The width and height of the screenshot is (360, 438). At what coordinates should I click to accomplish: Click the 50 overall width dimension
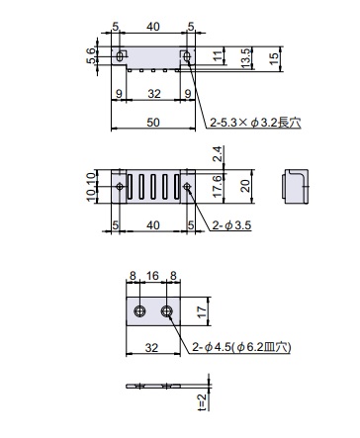[x=153, y=123]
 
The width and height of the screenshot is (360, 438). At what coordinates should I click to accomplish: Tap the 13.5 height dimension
[x=246, y=58]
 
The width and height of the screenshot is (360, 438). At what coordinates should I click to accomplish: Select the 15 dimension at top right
[x=274, y=58]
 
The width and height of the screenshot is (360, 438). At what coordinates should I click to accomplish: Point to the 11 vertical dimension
[x=218, y=55]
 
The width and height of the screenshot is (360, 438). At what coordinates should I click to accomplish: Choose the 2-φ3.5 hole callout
[x=231, y=225]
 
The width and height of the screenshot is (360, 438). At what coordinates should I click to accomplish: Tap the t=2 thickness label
[x=203, y=401]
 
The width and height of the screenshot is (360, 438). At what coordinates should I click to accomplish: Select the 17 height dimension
[x=202, y=311]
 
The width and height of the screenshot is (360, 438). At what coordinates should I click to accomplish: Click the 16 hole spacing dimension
[x=152, y=276]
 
